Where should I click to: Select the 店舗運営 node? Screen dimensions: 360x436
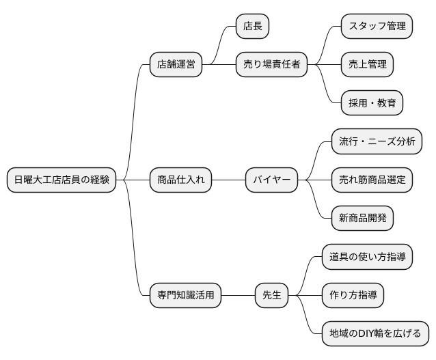176,65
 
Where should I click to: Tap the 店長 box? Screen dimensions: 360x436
252,27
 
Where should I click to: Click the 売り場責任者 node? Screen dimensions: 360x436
271,65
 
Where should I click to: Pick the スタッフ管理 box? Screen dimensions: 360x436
377,27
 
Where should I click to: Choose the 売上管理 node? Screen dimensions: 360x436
368,65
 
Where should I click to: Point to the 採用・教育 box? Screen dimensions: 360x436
372,103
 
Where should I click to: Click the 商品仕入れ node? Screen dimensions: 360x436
180,180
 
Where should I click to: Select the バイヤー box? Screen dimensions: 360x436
272,180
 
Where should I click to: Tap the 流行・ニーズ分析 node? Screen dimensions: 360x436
376,142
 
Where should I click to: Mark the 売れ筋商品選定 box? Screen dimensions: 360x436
372,180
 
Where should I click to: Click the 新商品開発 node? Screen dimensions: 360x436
362,219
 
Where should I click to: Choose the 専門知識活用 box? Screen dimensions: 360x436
185,296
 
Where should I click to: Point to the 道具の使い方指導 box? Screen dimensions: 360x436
367,258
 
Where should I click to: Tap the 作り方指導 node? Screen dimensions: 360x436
353,296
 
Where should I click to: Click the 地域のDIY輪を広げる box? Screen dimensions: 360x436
376,334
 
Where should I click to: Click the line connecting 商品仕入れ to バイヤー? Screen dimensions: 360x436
228,180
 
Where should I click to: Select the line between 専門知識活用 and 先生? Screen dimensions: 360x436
238,296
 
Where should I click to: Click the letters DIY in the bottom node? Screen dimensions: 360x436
368,334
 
